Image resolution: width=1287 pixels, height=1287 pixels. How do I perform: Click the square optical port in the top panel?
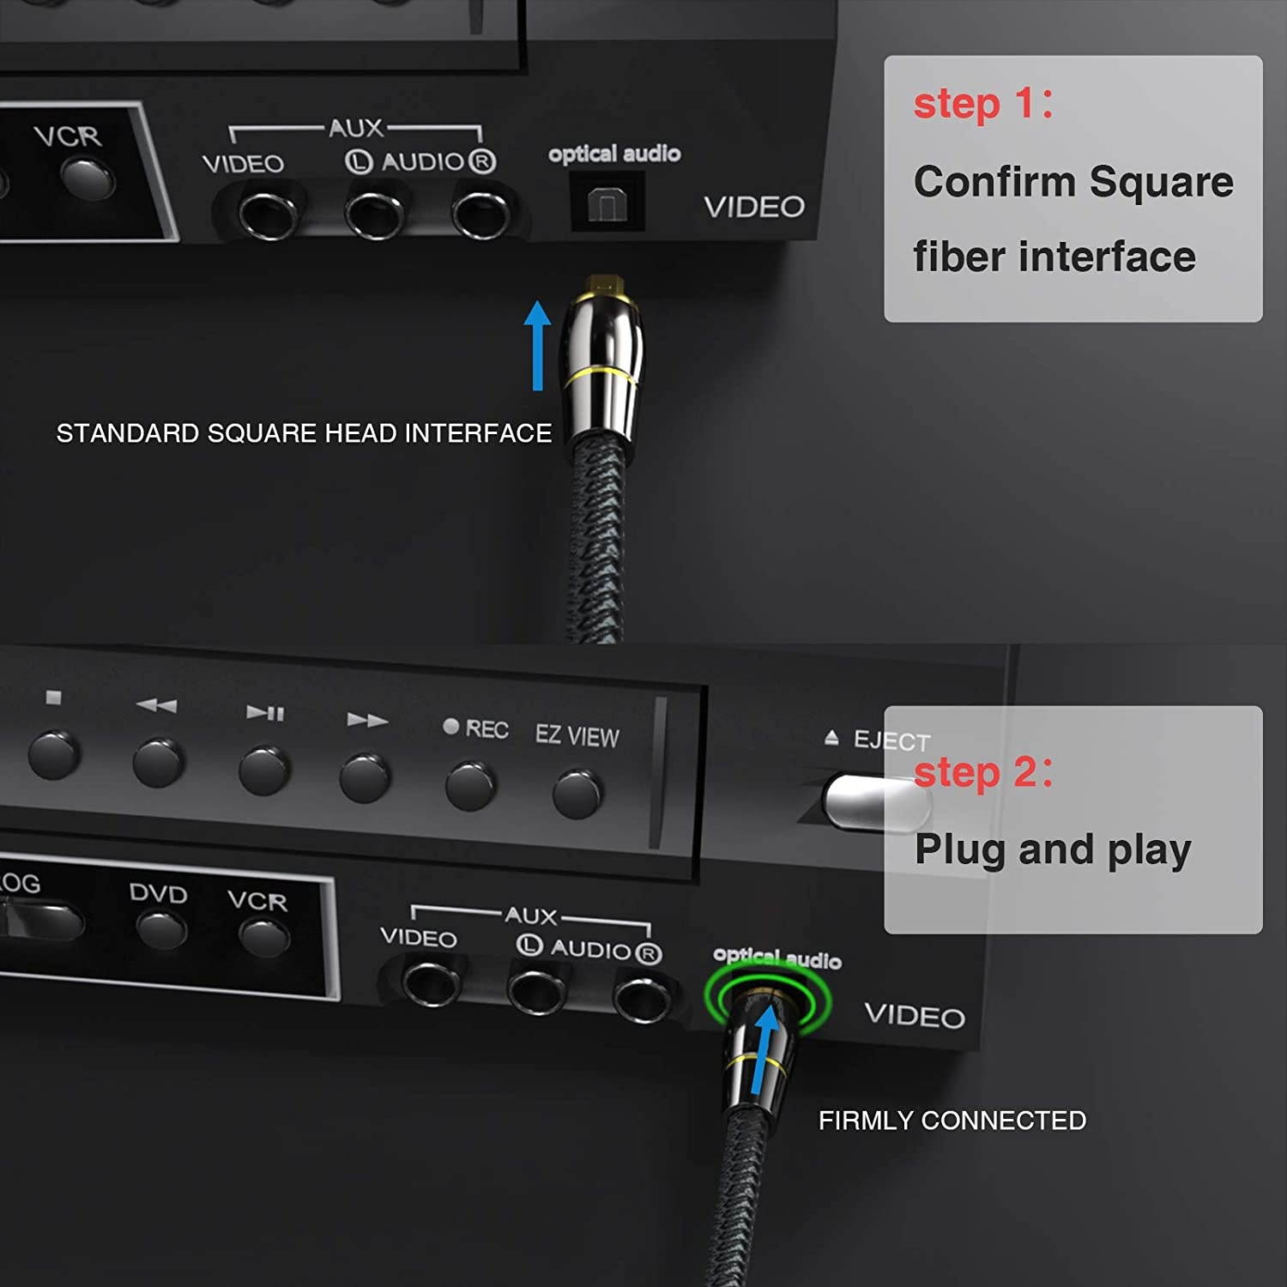(x=607, y=202)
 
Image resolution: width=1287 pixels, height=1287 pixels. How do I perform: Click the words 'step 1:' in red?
(x=982, y=104)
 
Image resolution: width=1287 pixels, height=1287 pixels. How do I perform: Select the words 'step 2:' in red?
(x=982, y=771)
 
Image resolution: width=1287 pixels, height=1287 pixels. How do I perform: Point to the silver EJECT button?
(x=871, y=802)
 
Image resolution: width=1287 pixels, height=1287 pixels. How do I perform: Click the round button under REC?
(x=469, y=785)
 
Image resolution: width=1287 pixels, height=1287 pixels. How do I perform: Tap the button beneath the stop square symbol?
(x=54, y=754)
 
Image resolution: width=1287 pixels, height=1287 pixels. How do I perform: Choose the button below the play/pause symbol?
(x=264, y=770)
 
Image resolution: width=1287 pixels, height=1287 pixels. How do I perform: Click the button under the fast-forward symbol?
(x=366, y=776)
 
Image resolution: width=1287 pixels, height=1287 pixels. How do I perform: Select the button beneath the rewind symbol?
(x=159, y=762)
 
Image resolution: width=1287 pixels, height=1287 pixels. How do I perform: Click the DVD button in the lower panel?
(x=162, y=929)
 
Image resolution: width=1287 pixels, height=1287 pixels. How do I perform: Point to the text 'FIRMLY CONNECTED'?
(x=952, y=1120)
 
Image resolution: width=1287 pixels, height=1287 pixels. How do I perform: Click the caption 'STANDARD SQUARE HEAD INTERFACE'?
(x=304, y=433)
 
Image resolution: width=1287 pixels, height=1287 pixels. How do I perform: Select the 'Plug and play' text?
(x=1052, y=849)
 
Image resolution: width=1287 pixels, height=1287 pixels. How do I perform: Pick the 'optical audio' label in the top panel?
(x=614, y=154)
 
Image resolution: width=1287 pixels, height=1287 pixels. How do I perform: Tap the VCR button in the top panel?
(x=88, y=178)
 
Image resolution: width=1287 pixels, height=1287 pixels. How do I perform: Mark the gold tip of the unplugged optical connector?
(x=604, y=282)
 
